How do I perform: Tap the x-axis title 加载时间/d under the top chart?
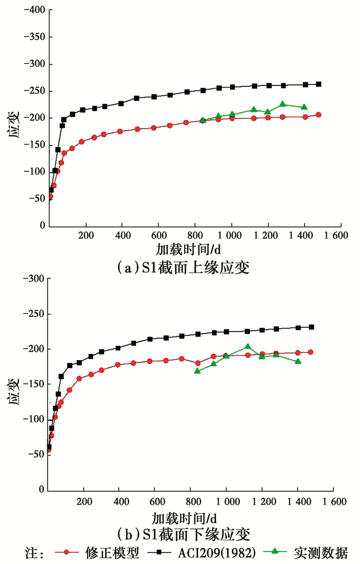click(x=187, y=251)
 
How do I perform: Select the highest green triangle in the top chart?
click(x=282, y=104)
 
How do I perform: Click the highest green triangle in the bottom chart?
click(x=248, y=347)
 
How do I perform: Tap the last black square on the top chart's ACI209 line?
click(x=318, y=84)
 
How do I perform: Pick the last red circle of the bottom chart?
click(x=310, y=352)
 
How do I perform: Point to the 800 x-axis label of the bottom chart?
click(x=190, y=501)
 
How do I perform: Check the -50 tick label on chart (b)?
click(x=34, y=455)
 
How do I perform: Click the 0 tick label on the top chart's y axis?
click(x=42, y=226)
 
